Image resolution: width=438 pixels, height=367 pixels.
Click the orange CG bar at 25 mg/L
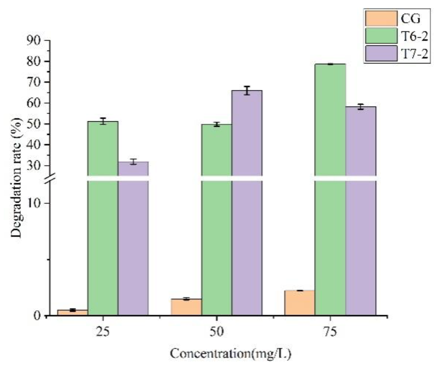tap(73, 312)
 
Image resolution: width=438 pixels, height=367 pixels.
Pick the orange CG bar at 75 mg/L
tap(300, 303)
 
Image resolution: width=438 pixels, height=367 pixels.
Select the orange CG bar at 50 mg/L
tap(186, 307)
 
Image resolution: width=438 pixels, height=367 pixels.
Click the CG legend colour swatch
tap(381, 18)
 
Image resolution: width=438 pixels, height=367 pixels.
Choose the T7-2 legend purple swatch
tap(381, 54)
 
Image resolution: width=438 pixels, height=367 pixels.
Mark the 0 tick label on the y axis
tap(37, 316)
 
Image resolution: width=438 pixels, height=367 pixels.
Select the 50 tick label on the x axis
tap(217, 332)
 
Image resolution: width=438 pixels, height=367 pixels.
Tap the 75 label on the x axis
tap(330, 332)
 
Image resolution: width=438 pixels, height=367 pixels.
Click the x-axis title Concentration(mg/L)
tap(231, 354)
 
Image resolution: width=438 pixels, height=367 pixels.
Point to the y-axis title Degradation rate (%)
tap(17, 177)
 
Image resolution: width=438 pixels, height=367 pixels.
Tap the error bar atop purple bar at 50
tap(247, 90)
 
